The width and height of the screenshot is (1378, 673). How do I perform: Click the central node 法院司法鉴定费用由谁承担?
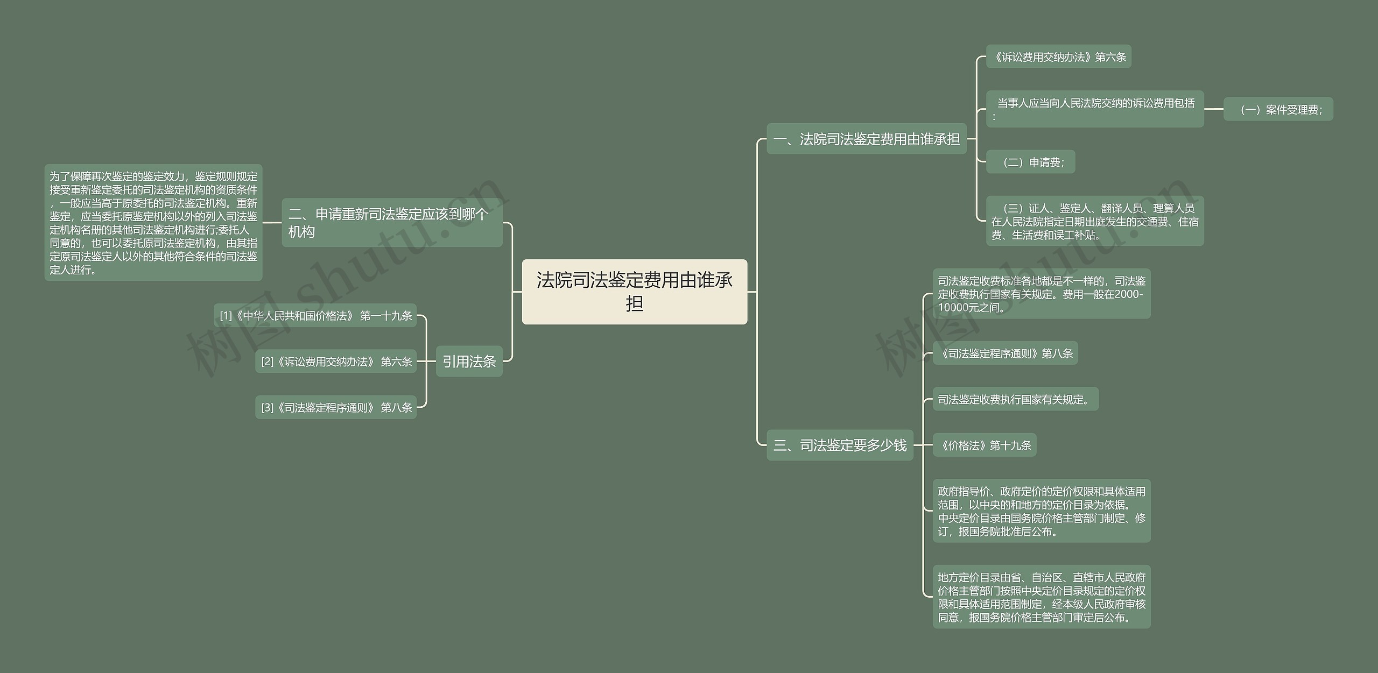[634, 292]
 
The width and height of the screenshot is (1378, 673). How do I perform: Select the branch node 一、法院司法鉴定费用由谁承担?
[866, 139]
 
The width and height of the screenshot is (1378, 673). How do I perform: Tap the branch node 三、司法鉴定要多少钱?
[840, 445]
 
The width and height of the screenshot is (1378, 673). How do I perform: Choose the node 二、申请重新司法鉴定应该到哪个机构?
[391, 223]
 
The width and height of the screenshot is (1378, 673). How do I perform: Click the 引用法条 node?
[469, 361]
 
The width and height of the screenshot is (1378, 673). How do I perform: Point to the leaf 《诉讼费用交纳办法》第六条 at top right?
[1058, 56]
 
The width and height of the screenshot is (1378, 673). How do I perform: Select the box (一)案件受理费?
[1278, 109]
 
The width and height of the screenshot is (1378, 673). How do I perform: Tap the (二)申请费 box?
[1030, 162]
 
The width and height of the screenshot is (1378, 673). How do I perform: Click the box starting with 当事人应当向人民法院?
[1094, 109]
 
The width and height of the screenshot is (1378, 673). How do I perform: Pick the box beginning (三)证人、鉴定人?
[1094, 221]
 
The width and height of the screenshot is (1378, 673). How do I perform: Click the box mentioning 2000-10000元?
[1041, 294]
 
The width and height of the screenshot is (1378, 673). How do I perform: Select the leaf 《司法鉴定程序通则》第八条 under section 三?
[1005, 353]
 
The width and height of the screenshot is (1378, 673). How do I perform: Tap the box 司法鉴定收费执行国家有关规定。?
[1015, 399]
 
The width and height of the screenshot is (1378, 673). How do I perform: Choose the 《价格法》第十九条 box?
[984, 445]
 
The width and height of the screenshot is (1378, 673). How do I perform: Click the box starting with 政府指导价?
[1041, 511]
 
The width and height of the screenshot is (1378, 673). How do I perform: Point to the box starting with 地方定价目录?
[1041, 597]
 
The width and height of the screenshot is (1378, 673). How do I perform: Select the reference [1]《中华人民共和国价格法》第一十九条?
[315, 316]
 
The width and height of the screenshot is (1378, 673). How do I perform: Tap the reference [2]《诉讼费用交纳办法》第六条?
[336, 362]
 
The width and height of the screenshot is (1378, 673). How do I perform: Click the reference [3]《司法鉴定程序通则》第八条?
[336, 407]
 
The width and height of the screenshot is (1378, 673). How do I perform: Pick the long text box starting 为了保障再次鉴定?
[153, 223]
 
